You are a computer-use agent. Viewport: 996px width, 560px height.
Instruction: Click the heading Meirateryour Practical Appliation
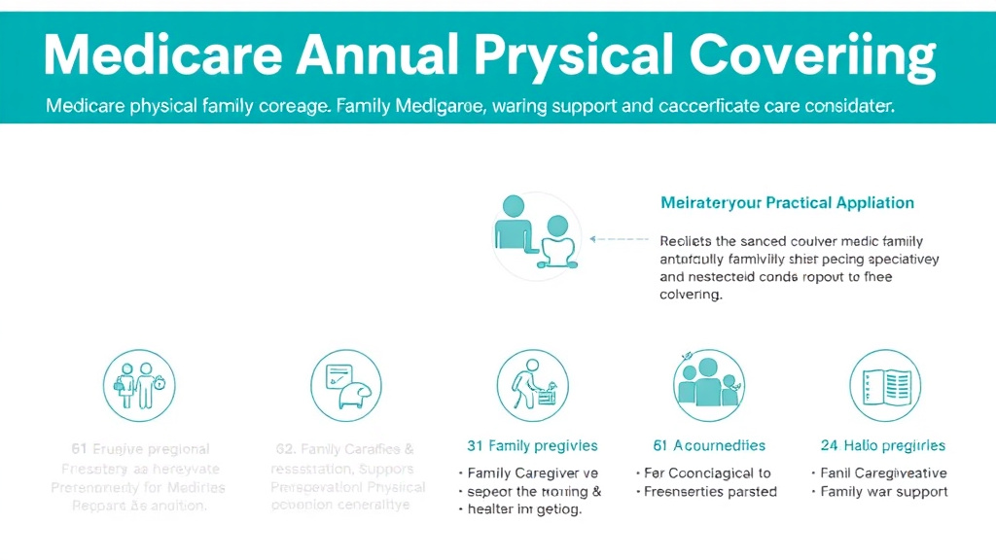coord(787,203)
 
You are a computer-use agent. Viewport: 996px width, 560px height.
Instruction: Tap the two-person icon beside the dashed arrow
coord(534,233)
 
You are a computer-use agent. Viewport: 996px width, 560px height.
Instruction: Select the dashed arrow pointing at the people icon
coord(619,237)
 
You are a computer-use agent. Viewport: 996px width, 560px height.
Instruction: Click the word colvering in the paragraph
coord(691,295)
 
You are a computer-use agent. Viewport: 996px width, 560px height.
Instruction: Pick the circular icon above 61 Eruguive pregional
coord(139,385)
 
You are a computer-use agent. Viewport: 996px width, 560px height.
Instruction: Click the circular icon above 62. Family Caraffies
coord(346,385)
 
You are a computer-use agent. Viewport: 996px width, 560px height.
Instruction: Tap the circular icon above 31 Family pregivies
coord(532,385)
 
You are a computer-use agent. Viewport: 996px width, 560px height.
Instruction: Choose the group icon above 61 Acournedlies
coord(709,385)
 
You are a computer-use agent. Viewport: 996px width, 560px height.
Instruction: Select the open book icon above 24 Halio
coord(884,385)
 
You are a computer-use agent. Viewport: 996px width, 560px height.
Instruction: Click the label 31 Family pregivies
coord(532,446)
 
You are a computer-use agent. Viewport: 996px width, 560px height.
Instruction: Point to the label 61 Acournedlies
coord(709,446)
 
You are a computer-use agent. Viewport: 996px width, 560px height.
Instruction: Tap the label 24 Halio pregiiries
coord(882,446)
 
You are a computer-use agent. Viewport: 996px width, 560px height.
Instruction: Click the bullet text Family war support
coord(883,492)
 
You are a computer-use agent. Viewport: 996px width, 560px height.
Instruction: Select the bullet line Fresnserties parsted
coord(710,492)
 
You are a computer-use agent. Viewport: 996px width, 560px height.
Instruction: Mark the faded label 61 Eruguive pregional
coord(140,449)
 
